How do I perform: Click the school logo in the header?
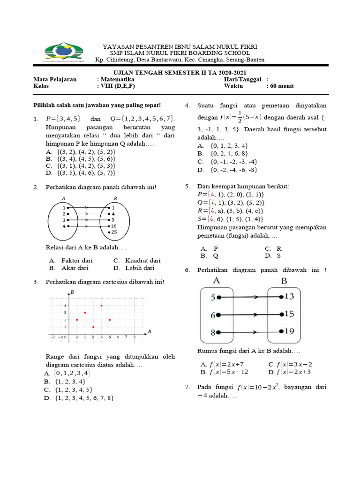(x=63, y=53)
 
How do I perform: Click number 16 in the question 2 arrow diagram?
(x=113, y=226)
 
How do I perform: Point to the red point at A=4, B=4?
(x=102, y=306)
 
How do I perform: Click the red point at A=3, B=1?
(x=93, y=327)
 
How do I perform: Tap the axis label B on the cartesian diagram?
(x=72, y=292)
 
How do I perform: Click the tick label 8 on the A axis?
(x=135, y=337)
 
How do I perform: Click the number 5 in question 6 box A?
(x=213, y=297)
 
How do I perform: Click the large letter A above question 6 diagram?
(x=217, y=281)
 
